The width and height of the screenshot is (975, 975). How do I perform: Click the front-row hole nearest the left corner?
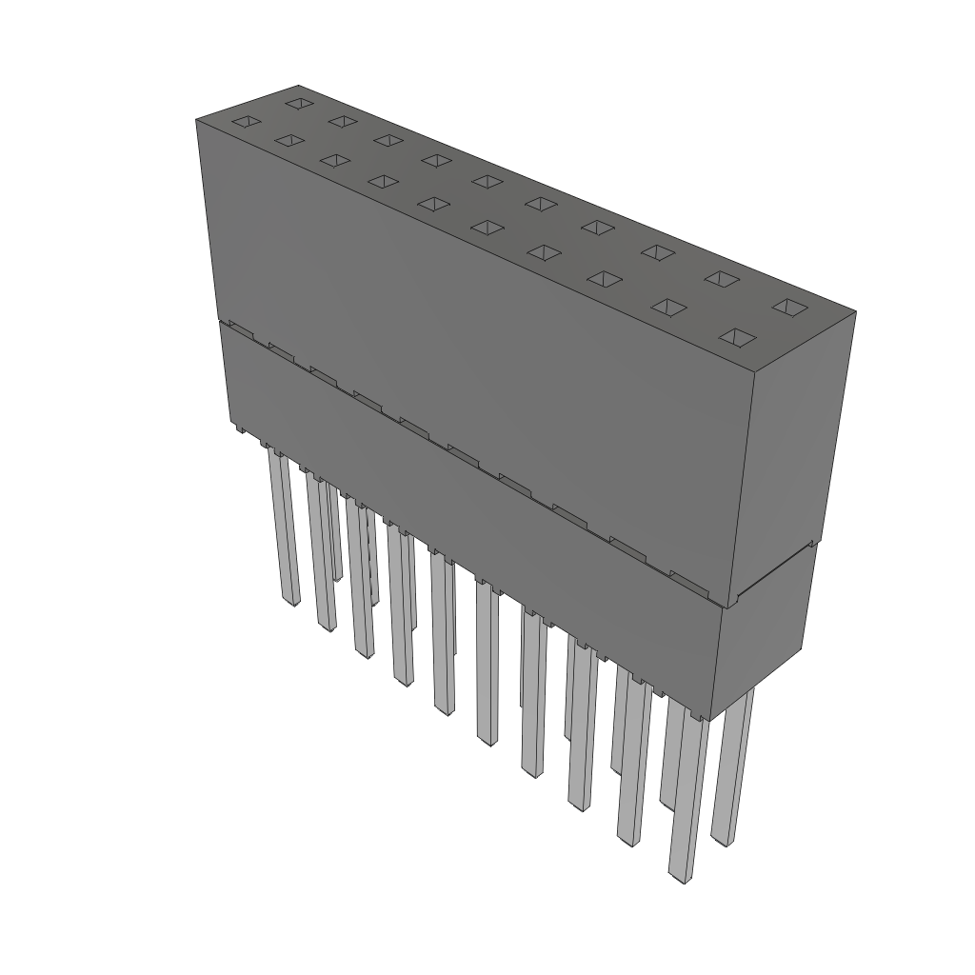click(x=246, y=122)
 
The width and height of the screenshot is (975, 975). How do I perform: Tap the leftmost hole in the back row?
click(x=299, y=102)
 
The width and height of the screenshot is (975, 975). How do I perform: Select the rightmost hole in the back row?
click(x=788, y=307)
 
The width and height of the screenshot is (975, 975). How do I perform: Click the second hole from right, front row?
click(x=669, y=308)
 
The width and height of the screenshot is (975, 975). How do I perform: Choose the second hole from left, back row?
click(x=343, y=121)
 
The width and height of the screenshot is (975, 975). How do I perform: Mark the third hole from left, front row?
click(x=334, y=160)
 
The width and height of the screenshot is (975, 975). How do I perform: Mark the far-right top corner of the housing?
click(x=855, y=312)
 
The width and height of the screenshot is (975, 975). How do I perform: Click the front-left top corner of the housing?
click(x=197, y=120)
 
